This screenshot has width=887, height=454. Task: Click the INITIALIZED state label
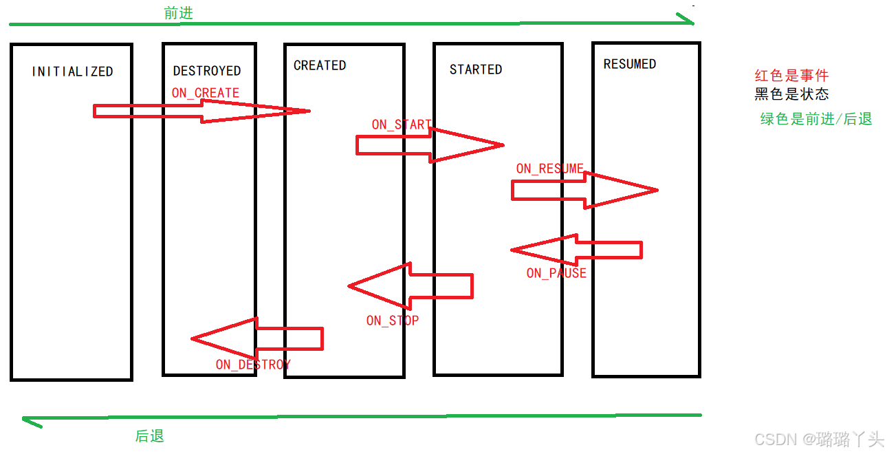72,72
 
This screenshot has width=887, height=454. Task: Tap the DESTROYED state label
207,71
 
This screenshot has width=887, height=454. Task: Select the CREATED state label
320,65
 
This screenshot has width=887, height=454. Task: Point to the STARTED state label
476,69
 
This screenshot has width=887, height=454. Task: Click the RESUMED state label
630,64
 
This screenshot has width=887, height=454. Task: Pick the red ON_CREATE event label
206,93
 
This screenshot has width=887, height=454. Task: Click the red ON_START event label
402,125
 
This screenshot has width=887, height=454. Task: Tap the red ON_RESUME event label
550,169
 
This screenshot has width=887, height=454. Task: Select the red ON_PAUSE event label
556,273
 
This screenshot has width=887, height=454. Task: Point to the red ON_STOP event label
393,321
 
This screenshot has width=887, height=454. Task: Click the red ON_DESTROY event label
253,365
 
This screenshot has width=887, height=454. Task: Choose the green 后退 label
150,436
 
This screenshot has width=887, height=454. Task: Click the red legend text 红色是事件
791,76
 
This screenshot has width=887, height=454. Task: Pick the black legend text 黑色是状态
791,94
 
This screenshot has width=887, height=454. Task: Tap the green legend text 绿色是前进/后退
816,119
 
